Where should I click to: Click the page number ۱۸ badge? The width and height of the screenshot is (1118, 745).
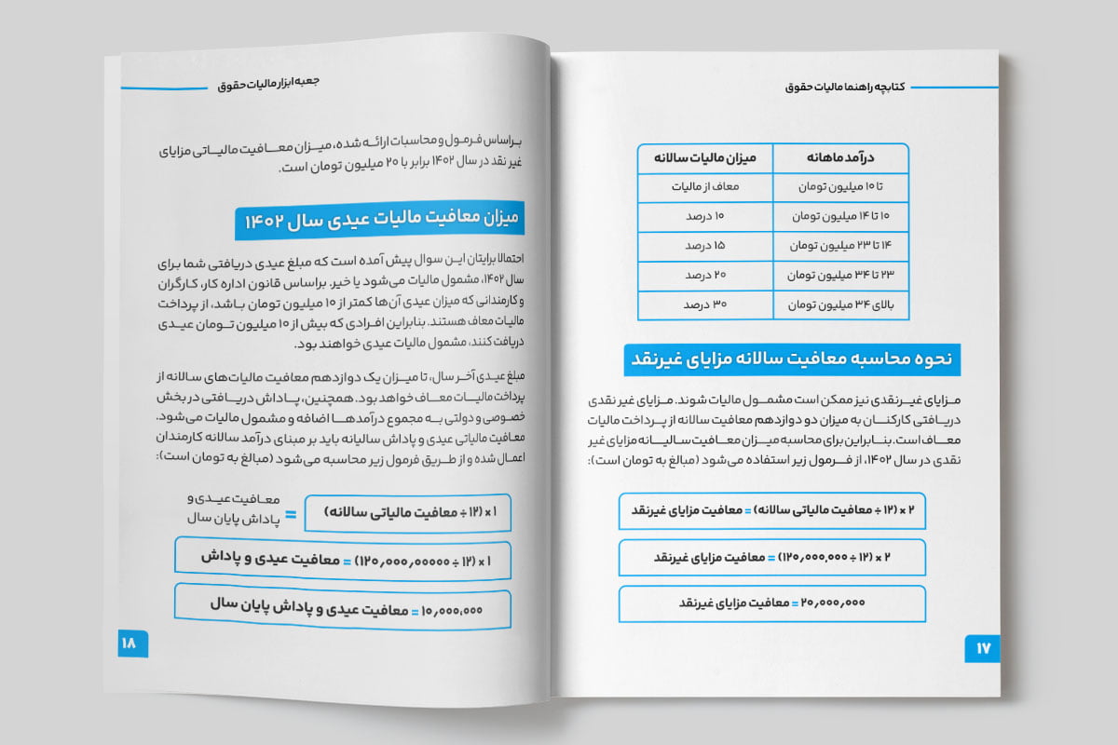click(127, 642)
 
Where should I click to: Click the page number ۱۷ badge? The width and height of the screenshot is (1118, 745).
click(981, 646)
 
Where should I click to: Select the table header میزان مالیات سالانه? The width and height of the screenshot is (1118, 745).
click(705, 158)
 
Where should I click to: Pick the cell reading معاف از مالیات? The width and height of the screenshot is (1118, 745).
click(705, 187)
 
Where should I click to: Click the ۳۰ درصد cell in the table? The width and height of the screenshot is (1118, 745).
click(705, 305)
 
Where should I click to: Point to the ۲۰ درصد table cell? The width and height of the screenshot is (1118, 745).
click(705, 276)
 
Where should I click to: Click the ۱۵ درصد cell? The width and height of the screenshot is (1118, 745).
click(705, 246)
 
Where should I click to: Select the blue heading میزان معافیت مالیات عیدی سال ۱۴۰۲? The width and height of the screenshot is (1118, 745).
click(379, 221)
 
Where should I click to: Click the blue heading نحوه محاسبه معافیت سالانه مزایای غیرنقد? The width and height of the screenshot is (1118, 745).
click(792, 359)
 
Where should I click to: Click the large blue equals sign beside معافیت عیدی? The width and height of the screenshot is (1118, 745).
click(290, 514)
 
